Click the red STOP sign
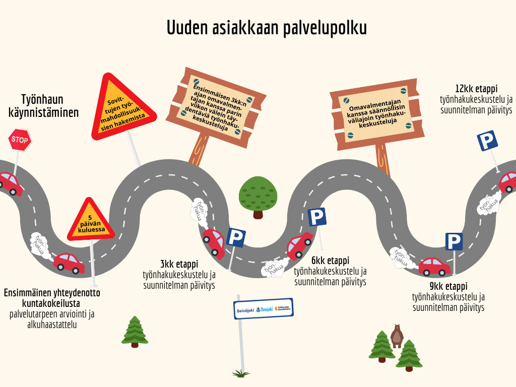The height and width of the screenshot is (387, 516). tap(20, 140)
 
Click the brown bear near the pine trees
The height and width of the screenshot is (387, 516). tap(397, 335)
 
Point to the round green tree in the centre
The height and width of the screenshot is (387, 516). tap(258, 195)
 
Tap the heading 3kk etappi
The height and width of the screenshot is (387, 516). tap(179, 264)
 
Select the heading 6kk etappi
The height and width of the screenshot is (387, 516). tap(330, 261)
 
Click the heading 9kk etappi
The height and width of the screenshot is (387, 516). tap(448, 286)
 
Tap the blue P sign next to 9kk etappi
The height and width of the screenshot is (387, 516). tap(454, 242)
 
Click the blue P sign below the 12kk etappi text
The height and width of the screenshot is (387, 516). tap(487, 141)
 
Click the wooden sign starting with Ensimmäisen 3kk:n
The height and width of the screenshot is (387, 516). tap(217, 108)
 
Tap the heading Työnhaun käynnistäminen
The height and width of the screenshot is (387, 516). tap(43, 106)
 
